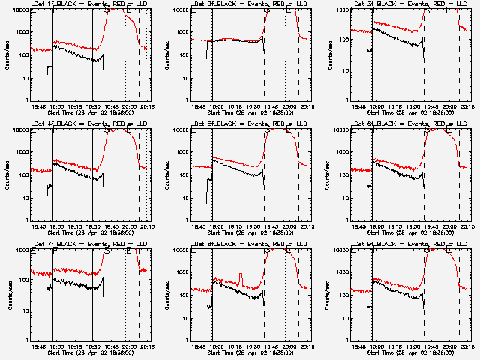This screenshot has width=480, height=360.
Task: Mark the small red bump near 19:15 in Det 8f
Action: click(x=241, y=279)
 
